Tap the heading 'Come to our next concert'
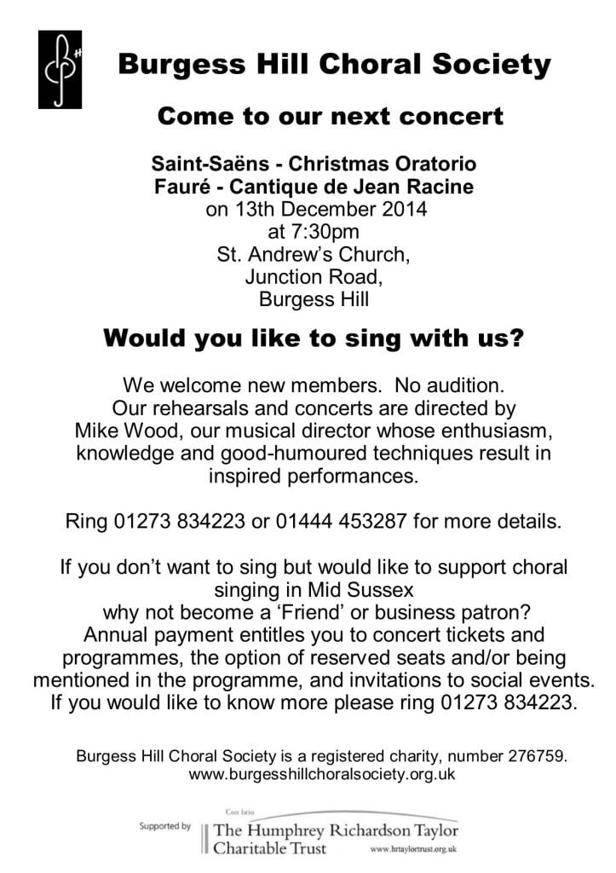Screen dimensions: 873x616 coord(331,117)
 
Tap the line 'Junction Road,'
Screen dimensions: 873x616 coord(314,276)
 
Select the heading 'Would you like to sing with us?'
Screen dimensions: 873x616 coord(313,338)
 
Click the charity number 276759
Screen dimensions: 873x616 coord(537,755)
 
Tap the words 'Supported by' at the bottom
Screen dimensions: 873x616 coord(165,826)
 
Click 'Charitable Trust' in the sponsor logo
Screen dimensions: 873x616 coord(268,848)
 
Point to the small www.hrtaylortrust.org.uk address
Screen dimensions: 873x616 coord(415,850)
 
